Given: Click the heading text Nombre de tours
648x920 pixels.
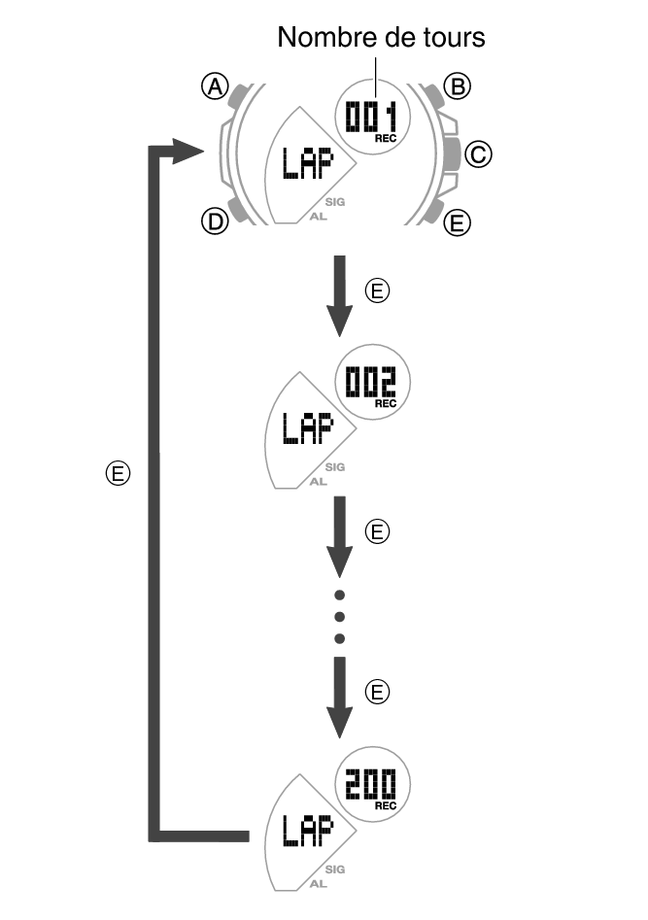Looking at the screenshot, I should pos(380,38).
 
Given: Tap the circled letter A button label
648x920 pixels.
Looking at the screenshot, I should pos(214,87).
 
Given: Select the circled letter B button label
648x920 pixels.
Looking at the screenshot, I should pos(456,87).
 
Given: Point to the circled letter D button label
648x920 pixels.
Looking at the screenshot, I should pos(213,222).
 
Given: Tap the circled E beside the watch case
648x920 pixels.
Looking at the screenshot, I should pos(456,223).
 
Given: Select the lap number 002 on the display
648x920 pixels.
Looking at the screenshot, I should pos(372,379).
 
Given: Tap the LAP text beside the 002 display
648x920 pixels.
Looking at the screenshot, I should pos(305,426).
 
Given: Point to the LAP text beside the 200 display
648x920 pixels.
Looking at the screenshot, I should pos(305,831).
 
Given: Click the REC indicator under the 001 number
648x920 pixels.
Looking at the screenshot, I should pos(386,140).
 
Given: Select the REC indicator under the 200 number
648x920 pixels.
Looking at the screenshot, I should pos(386,805).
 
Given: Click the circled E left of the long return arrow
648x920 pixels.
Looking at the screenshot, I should pos(118,474).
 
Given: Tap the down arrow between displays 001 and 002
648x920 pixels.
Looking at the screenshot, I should pos(339,294).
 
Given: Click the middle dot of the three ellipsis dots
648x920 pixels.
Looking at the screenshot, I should pos(339,616).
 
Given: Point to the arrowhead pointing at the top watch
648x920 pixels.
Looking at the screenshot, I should pos(185,151).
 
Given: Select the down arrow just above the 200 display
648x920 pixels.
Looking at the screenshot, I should pos(339,697).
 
